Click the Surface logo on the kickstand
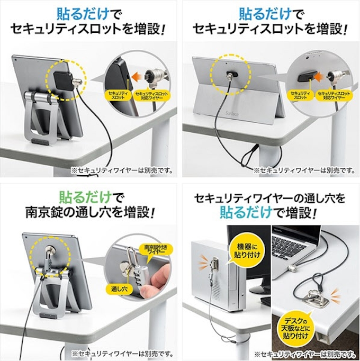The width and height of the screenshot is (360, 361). coord(232,113)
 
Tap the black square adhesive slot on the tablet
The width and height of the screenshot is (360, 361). coord(62,80)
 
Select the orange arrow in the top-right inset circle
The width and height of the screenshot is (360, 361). coord(321,77)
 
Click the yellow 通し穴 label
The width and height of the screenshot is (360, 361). coord(119,289)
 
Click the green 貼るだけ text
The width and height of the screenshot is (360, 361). coord(86,197)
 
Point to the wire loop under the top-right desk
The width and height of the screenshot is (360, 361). coord(250,157)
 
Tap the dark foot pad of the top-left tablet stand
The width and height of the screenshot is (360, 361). coord(41,141)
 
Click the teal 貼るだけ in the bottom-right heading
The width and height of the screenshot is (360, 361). coord(246,212)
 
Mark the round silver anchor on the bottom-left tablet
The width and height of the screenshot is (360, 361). coord(50,249)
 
